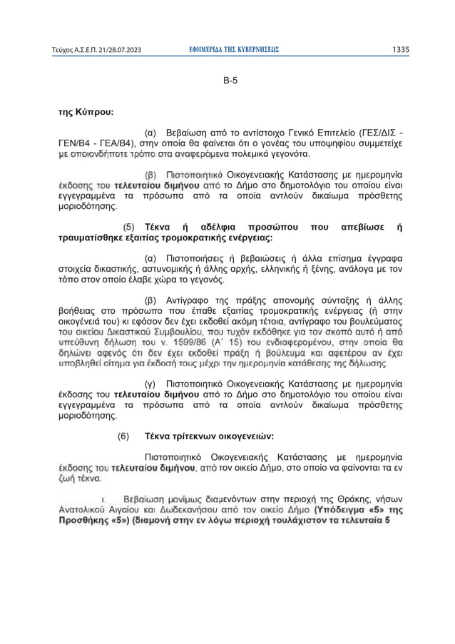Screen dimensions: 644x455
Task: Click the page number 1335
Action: [401, 50]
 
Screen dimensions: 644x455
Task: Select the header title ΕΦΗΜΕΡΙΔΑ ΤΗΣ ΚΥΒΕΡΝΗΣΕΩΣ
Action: [230, 50]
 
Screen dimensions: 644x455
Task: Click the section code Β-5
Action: [230, 81]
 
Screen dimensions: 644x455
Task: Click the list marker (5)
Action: [130, 228]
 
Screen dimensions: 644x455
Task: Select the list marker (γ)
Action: [150, 384]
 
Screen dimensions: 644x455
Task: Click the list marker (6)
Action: [123, 435]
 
